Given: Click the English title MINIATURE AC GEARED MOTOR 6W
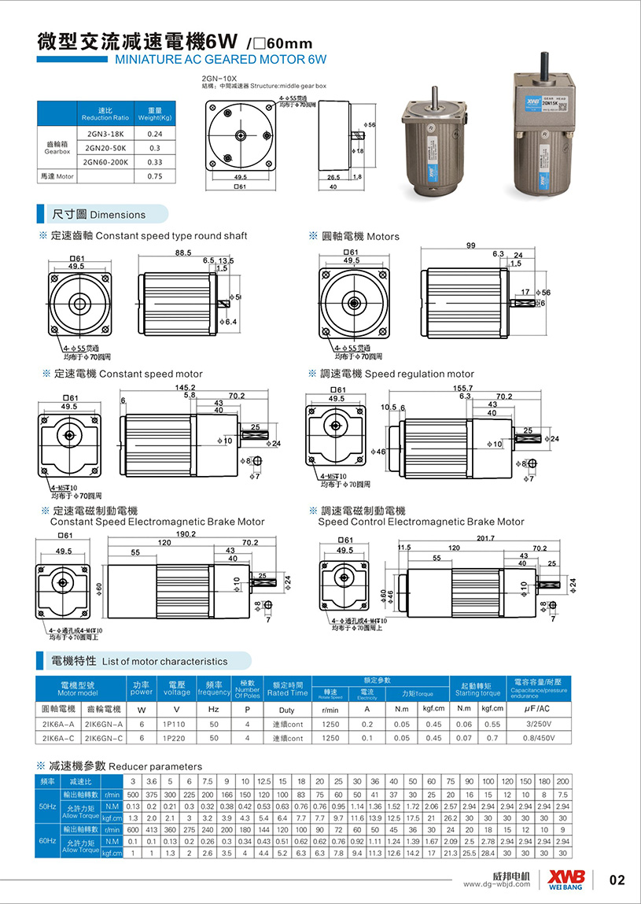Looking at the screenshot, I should pyautogui.click(x=220, y=59).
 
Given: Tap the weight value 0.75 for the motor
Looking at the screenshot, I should pyautogui.click(x=154, y=176).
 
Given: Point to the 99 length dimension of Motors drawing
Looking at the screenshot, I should pyautogui.click(x=471, y=246).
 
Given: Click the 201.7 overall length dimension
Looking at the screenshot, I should pyautogui.click(x=487, y=538).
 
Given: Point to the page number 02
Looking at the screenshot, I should pyautogui.click(x=617, y=880).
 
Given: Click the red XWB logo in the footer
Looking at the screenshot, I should pyautogui.click(x=569, y=875).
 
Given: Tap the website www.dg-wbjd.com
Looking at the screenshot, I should pyautogui.click(x=499, y=884).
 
